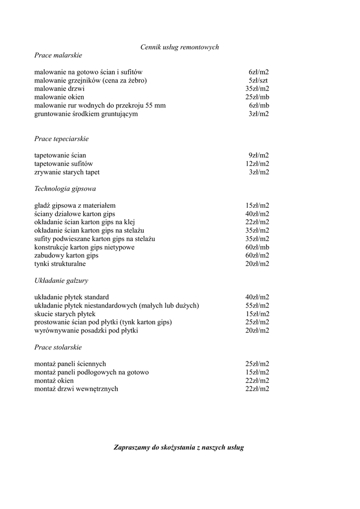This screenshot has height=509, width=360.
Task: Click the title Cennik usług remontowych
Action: [x=180, y=47]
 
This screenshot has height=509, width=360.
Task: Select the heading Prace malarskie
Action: [x=58, y=55]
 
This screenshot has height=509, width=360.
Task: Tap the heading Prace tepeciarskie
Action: [x=61, y=139]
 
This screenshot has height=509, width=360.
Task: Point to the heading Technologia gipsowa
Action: [x=65, y=189]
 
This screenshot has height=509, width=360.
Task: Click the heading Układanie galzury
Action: [x=61, y=281]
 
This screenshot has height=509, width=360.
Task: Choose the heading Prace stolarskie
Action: [x=58, y=347]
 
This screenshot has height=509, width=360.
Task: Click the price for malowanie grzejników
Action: [x=259, y=81]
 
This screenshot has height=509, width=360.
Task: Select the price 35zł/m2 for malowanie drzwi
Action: [x=257, y=89]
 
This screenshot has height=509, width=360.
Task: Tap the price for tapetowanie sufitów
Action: [x=257, y=164]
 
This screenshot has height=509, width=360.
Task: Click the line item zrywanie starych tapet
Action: [x=67, y=172]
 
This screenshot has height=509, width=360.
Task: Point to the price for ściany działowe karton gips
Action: [x=257, y=214]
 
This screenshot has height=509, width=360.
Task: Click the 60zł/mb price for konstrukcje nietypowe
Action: [x=257, y=248]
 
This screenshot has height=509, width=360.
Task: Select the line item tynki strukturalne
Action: [x=60, y=264]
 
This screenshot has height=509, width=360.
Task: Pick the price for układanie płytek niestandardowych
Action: [x=257, y=306]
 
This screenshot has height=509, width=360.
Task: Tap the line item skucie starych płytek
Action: [x=65, y=314]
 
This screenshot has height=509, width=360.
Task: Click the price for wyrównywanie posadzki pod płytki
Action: [x=257, y=331]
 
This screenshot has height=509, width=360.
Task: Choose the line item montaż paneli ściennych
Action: [x=70, y=364]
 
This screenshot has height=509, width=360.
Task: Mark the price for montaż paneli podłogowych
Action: [x=257, y=372]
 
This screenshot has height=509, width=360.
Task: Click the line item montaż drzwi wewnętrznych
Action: [x=76, y=389]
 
